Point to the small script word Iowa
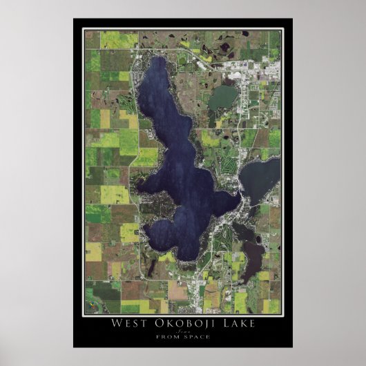tap(183, 332)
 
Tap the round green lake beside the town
tap(222, 97)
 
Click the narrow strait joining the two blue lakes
tap(239, 200)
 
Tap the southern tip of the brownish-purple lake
tap(243, 280)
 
